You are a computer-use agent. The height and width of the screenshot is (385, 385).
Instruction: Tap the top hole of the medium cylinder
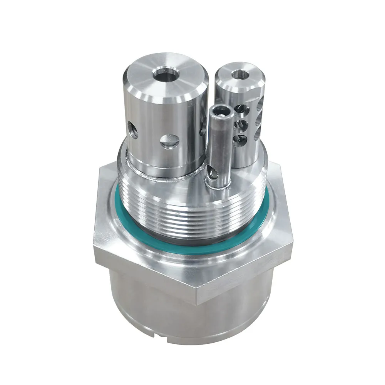(240, 74)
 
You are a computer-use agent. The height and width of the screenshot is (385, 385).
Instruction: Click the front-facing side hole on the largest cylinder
(169, 142)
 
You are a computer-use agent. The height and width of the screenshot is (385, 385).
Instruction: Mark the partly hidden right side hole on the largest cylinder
(203, 129)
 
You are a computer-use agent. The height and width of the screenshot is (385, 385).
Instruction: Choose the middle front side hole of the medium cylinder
(242, 124)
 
